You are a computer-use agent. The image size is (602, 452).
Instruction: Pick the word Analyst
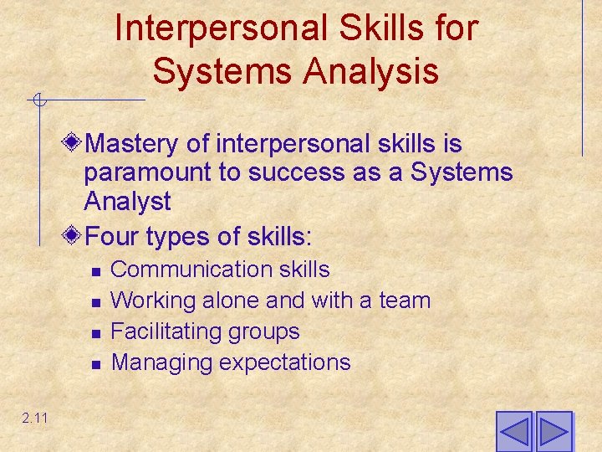click(x=127, y=202)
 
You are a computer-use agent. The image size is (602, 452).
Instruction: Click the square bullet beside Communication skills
click(x=96, y=271)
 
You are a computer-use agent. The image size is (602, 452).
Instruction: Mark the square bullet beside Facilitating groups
click(x=96, y=333)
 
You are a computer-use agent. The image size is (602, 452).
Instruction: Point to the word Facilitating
click(x=163, y=331)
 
